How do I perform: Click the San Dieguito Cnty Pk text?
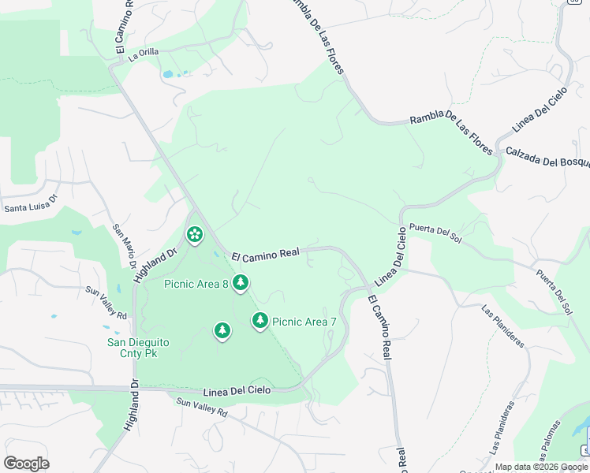coord(138,348)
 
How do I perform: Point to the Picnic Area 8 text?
coord(196,284)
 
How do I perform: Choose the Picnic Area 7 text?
coord(304,322)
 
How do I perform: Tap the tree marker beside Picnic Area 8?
coord(240,282)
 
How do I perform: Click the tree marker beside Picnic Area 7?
coord(260,319)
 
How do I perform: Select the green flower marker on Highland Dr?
coord(194,234)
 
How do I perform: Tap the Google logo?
coord(26,464)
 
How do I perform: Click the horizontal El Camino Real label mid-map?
coord(265,253)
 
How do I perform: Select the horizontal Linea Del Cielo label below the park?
coord(237,391)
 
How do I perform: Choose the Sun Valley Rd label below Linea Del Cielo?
coord(201,407)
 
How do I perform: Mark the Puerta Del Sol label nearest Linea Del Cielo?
coord(435,231)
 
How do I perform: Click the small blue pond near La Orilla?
coord(167,75)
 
